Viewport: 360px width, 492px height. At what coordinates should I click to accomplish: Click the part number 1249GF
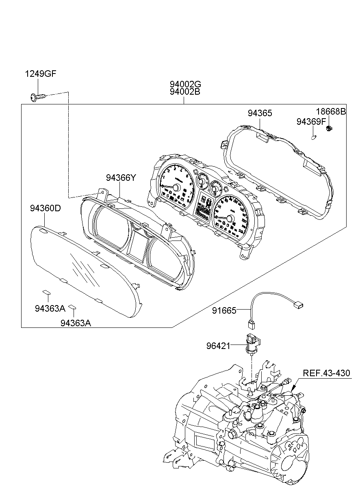point(41,74)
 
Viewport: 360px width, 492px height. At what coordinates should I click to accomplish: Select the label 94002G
point(185,84)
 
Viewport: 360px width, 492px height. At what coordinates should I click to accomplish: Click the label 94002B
point(185,92)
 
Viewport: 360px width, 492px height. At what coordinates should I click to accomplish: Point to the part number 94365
point(260,113)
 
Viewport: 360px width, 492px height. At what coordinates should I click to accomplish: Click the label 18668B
point(331,112)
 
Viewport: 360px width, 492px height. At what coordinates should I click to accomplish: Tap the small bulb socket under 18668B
point(330,130)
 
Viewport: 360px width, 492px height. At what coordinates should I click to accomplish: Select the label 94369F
point(311,121)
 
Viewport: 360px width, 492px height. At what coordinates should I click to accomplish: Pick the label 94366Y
point(120,178)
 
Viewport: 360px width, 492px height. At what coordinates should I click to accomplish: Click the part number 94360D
point(45,208)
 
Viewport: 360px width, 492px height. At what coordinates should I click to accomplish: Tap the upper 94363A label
point(50,308)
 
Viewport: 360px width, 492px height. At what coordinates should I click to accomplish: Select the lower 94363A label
point(76,323)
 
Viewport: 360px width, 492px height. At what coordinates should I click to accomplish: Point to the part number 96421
point(218,346)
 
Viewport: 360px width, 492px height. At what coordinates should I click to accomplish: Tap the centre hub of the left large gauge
point(177,187)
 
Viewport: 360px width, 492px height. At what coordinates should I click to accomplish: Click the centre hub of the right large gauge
point(230,219)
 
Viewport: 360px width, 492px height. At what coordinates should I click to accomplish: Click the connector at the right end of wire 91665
point(299,303)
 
